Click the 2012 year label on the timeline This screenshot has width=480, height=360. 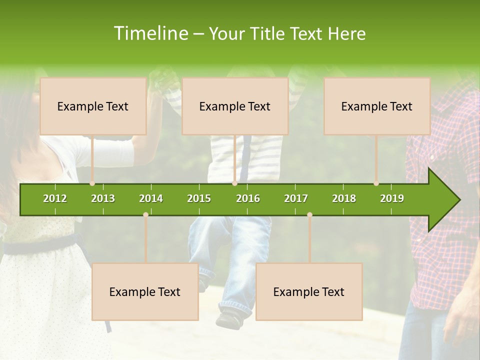point(55,198)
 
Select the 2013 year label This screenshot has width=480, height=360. point(103,198)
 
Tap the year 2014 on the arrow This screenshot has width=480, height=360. point(151,198)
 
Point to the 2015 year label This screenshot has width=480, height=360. point(199,198)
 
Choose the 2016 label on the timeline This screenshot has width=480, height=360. point(248,198)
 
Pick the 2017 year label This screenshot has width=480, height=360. point(296,198)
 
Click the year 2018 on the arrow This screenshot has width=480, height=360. point(344,198)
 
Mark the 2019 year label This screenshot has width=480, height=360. point(392,198)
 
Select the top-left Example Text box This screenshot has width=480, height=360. point(93,106)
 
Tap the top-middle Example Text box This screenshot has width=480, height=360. point(235,106)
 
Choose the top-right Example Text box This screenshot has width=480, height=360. point(377,106)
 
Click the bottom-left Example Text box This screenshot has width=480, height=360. point(145,291)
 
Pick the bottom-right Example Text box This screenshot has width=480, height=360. point(309,291)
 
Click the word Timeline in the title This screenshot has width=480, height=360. point(150,33)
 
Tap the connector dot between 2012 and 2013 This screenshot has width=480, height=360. point(92,183)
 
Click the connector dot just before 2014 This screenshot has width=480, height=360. point(145,214)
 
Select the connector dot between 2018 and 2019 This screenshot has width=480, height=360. point(376,183)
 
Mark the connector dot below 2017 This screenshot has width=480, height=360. point(309,214)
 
